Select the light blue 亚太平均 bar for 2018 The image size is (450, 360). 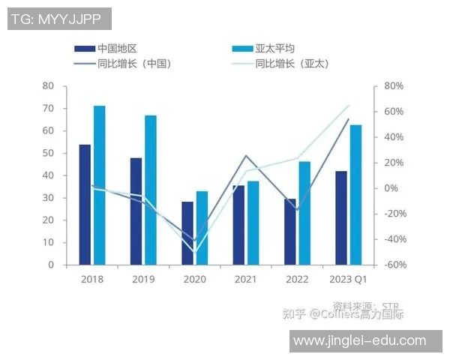tap(99, 185)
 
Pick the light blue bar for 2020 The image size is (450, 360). tap(202, 228)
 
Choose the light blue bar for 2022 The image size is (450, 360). tap(304, 213)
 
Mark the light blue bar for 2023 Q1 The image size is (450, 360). tap(355, 194)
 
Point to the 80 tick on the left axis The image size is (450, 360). tap(48, 86)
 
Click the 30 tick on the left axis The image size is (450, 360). tap(48, 198)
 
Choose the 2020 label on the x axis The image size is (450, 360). tap(194, 279)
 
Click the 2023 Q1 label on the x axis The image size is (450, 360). tap(348, 279)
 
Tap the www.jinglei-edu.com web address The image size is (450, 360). tap(359, 340)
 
